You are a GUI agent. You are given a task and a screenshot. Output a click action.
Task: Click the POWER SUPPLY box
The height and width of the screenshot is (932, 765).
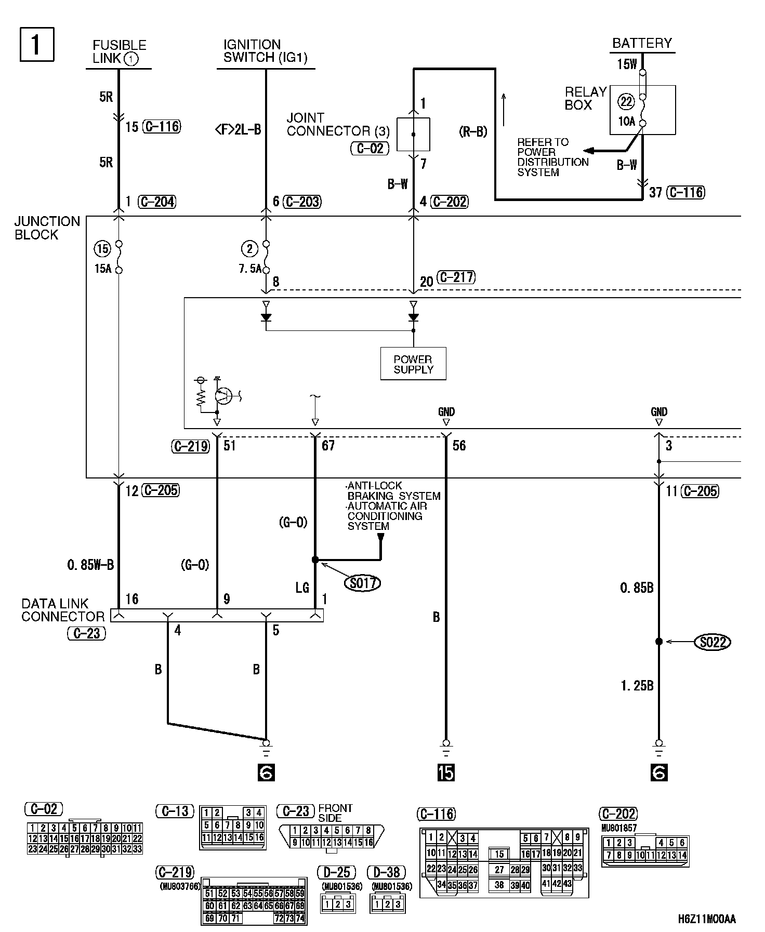click(x=413, y=364)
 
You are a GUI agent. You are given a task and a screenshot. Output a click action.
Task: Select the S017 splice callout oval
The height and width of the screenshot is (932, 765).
click(x=363, y=583)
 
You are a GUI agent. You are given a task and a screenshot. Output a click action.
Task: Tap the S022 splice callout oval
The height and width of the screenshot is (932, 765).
click(x=713, y=642)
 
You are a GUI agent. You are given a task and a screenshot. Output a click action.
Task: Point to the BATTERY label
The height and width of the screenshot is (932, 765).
click(x=642, y=43)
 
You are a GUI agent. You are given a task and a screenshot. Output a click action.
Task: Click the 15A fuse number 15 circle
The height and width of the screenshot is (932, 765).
click(x=102, y=249)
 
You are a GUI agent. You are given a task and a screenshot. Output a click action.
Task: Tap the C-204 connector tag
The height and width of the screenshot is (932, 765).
click(x=157, y=202)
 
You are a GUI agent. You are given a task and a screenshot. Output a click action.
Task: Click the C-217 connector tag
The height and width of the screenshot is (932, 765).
click(x=456, y=277)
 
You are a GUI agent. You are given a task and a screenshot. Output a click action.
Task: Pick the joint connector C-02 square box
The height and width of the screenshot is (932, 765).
click(x=413, y=135)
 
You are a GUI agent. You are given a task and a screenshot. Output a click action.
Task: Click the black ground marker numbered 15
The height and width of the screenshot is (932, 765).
click(x=446, y=773)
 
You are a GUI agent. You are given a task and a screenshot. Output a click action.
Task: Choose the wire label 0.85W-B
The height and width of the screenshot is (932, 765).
click(x=90, y=565)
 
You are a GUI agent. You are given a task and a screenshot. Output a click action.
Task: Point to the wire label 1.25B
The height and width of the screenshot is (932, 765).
click(x=637, y=686)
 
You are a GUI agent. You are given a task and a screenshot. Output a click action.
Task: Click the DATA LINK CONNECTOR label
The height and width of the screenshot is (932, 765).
click(x=63, y=610)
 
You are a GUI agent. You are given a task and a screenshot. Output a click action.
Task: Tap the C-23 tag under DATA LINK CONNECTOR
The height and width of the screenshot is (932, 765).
click(x=87, y=633)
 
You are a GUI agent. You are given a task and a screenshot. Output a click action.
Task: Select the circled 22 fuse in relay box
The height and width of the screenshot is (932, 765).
click(x=626, y=102)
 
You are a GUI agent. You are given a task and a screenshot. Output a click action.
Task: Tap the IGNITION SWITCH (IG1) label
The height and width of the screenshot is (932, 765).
click(x=265, y=51)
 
